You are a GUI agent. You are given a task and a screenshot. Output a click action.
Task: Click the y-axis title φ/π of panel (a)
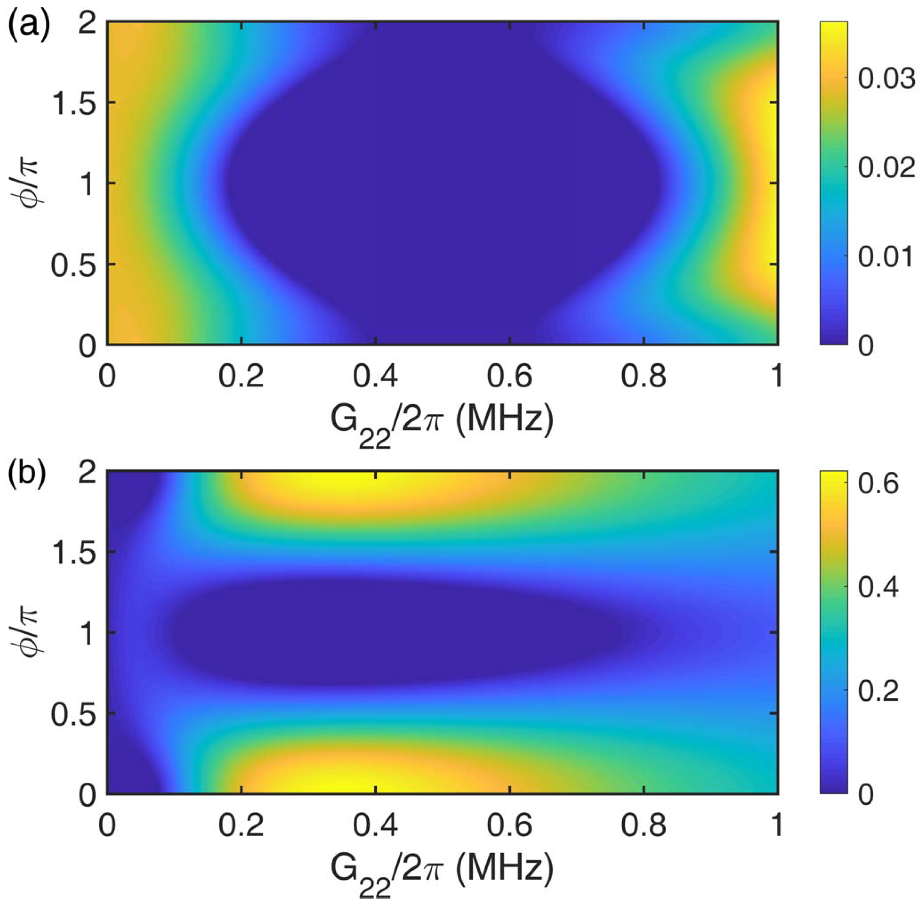25,183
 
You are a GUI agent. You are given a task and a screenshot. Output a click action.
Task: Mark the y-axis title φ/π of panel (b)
25,632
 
